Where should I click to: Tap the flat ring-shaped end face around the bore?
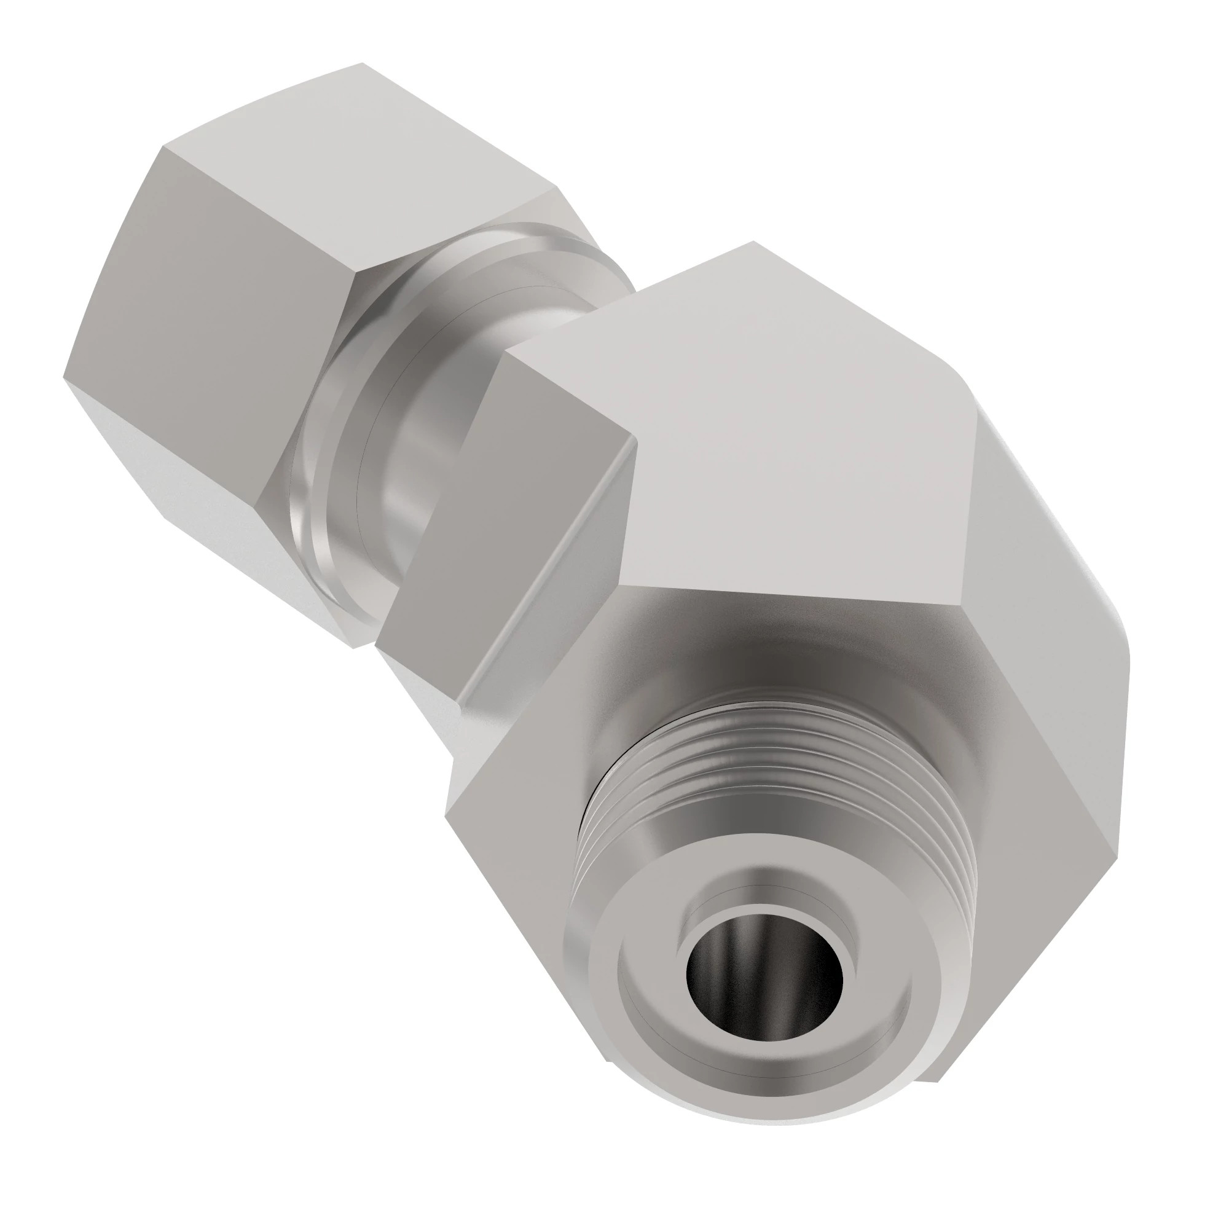(643, 1043)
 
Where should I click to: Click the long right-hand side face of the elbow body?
(1043, 636)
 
